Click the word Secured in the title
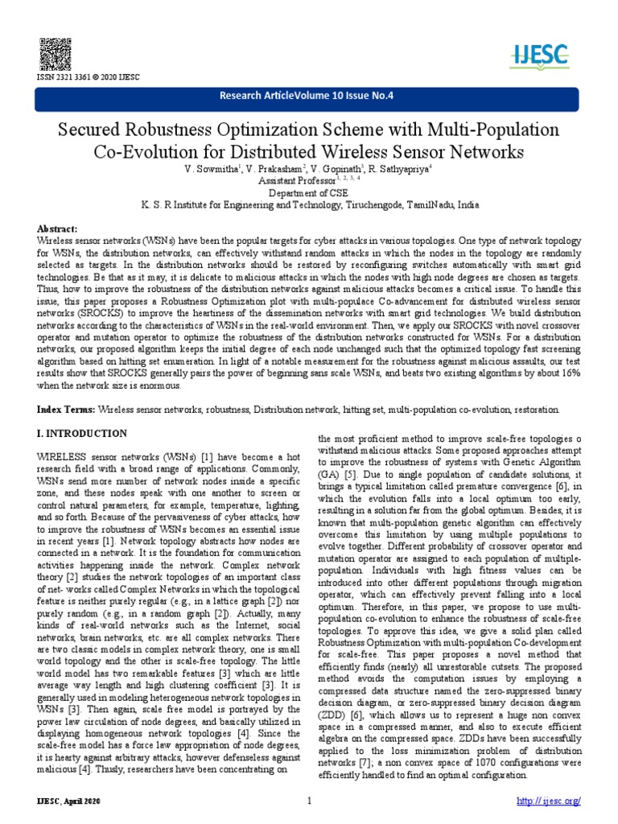pyautogui.click(x=88, y=130)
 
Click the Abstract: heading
pyautogui.click(x=60, y=229)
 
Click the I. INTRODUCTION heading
pyautogui.click(x=82, y=434)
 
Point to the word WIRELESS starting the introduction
pyautogui.click(x=64, y=456)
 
